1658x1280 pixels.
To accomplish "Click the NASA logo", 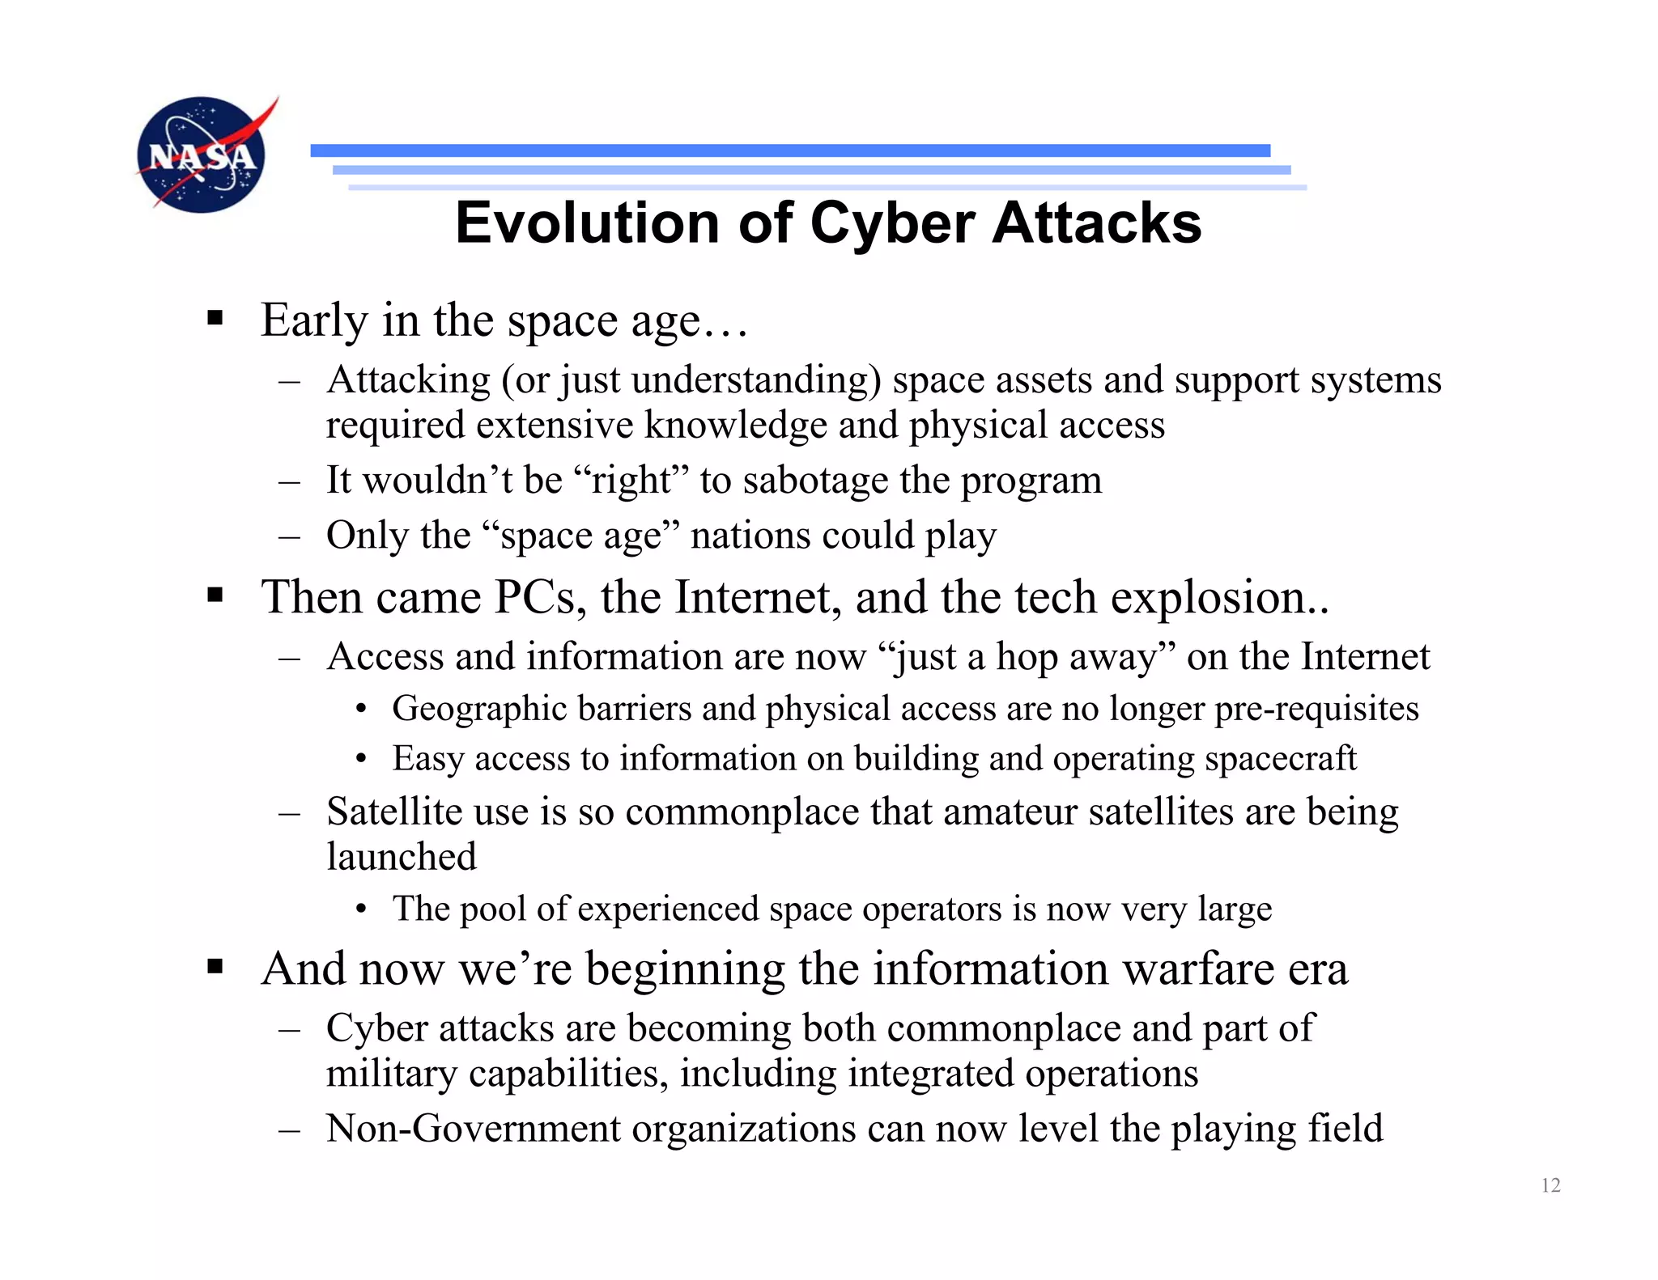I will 202,155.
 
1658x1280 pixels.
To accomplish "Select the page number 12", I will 1550,1185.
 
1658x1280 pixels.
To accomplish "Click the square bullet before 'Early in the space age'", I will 215,317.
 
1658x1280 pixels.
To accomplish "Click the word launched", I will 402,857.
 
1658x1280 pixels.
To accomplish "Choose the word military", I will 392,1074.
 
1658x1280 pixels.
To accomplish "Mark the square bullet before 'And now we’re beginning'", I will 215,966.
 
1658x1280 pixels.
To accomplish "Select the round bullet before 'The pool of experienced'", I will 361,910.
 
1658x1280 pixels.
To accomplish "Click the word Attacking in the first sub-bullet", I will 408,380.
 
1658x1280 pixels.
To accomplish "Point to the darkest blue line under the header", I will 790,150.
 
